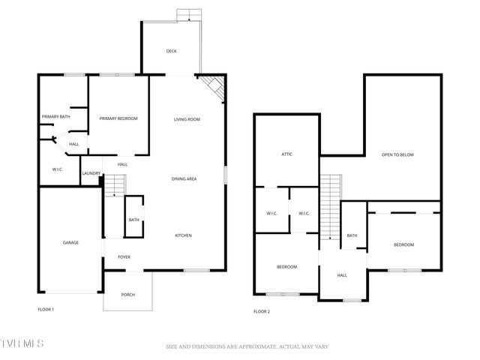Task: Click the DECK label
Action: tap(172, 51)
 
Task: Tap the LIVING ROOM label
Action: tap(187, 119)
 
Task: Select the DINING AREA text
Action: tap(184, 178)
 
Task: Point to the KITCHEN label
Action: tap(184, 235)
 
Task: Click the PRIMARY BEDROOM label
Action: tap(118, 118)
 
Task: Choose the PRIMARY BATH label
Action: tap(55, 116)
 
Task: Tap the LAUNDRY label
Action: tap(91, 174)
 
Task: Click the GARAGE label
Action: tap(70, 242)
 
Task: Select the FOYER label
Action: tap(124, 257)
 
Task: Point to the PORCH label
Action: tap(128, 295)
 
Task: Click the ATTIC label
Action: tap(286, 154)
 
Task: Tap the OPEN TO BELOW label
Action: tap(397, 154)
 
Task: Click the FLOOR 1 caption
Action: tap(46, 309)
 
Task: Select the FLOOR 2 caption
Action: tap(261, 311)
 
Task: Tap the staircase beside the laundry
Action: tap(113, 185)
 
